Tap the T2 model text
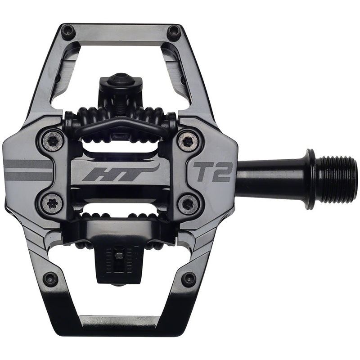pyautogui.click(x=212, y=172)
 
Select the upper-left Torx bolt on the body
pyautogui.click(x=53, y=141)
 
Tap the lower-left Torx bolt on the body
pyautogui.click(x=52, y=204)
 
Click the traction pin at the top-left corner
pyautogui.click(x=68, y=31)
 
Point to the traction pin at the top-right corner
pyautogui.click(x=174, y=32)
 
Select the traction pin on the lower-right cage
pyautogui.click(x=189, y=279)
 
